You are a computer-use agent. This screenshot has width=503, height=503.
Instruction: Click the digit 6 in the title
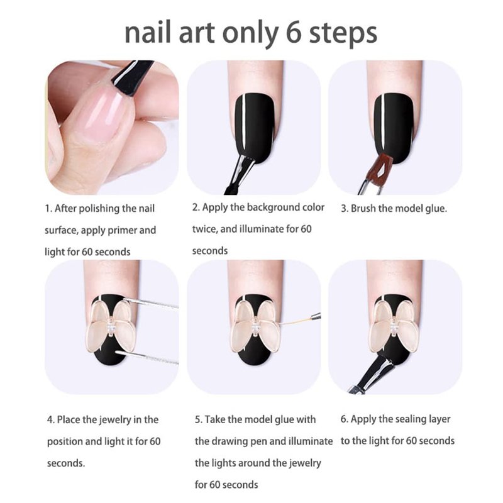point(293,33)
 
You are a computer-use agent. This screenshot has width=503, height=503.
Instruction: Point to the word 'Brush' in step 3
point(363,209)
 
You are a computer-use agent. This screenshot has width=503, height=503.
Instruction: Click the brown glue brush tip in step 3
point(379,166)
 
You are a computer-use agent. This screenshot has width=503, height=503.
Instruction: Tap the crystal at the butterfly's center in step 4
point(112,328)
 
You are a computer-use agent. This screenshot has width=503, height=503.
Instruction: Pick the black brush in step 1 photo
point(132,76)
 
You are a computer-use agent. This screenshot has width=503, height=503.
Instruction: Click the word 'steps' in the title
point(343,33)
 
